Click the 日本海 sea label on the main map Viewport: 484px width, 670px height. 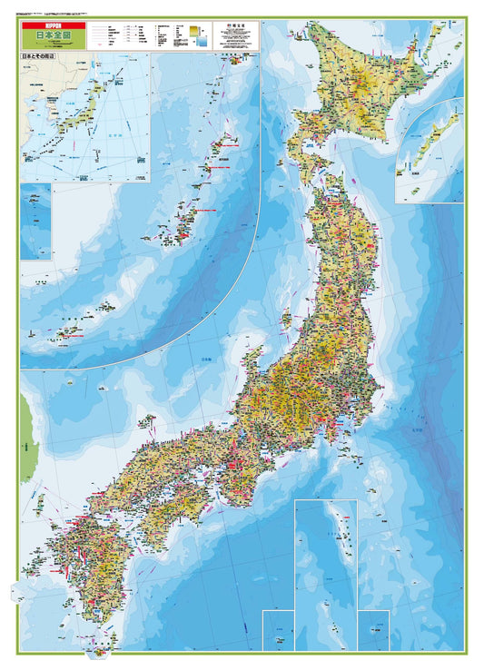tap(205, 360)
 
